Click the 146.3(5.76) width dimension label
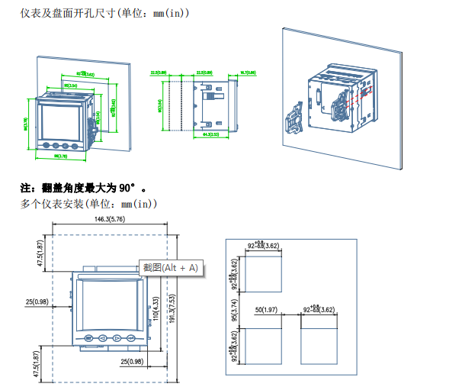(110, 219)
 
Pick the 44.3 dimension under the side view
(211, 134)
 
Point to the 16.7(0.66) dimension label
(248, 72)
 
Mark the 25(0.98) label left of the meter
(37, 302)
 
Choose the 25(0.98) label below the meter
(132, 360)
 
